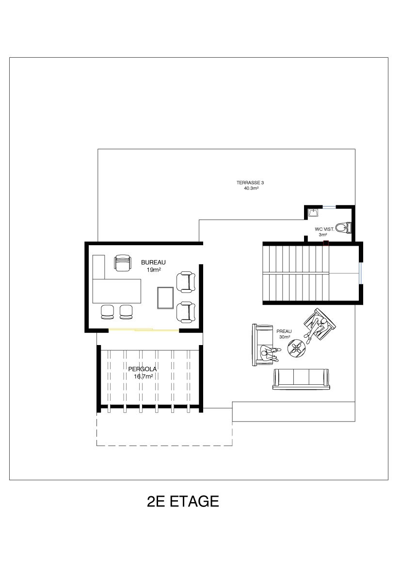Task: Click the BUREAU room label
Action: [153, 263]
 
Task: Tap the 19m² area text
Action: [154, 270]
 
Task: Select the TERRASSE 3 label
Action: [248, 183]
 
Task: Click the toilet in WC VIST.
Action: [343, 227]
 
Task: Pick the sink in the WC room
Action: [313, 212]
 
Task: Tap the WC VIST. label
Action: [324, 229]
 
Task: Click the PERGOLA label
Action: [143, 369]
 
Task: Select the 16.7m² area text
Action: [144, 377]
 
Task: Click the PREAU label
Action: [284, 331]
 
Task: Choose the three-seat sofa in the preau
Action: [301, 379]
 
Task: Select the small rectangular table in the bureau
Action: [165, 298]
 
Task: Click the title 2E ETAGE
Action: [183, 502]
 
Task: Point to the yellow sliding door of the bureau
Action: [144, 330]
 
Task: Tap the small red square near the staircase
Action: [326, 243]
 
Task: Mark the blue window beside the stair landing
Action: [360, 273]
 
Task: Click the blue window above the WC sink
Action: [329, 206]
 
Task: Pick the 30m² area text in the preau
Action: [285, 337]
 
